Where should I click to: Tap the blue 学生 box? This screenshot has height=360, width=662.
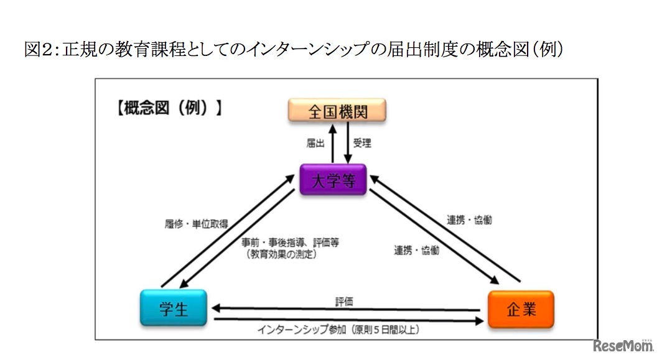click(174, 308)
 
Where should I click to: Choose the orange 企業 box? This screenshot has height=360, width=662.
click(520, 309)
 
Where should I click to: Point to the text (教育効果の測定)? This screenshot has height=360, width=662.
click(280, 254)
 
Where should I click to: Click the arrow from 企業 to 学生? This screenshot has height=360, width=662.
click(348, 309)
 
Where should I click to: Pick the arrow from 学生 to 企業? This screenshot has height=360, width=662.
click(348, 320)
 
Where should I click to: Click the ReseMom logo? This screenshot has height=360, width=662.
click(622, 346)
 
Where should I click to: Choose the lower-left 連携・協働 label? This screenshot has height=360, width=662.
click(416, 251)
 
